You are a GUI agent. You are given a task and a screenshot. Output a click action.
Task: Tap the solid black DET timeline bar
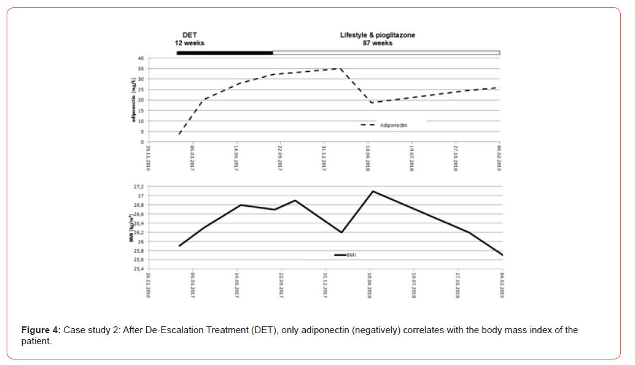coord(224,53)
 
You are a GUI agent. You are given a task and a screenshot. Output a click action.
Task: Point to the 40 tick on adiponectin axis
coord(141,58)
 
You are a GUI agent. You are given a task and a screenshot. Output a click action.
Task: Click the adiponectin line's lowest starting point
coord(179,134)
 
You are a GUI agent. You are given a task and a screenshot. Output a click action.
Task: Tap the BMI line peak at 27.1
coord(373,191)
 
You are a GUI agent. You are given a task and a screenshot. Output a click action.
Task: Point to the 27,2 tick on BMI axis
coord(139,186)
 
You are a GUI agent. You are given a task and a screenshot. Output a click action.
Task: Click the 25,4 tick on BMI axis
coord(139,269)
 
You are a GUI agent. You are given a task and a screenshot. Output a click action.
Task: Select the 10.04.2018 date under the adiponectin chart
coord(368,158)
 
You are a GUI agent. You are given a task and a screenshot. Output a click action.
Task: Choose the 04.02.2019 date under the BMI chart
coord(501,285)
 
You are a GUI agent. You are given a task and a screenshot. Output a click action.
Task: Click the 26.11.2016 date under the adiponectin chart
coord(149,158)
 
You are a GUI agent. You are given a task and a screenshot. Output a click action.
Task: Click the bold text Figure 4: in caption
coord(41,330)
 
